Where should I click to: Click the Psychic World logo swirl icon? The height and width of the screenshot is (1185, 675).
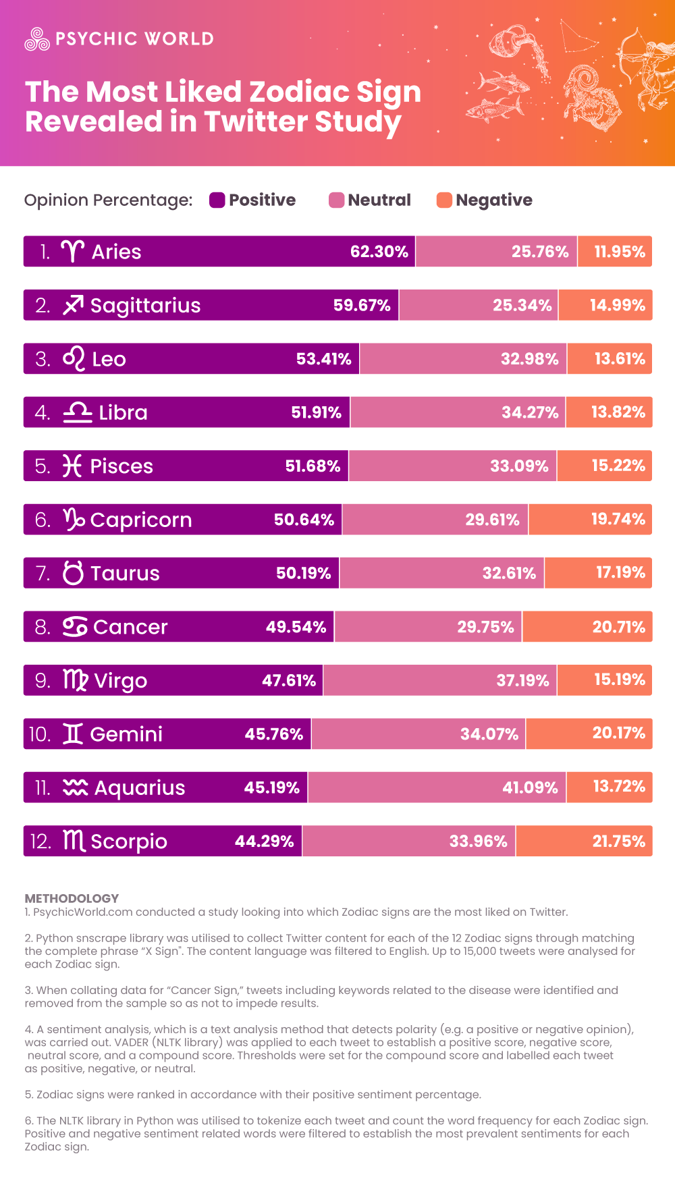[x=37, y=39]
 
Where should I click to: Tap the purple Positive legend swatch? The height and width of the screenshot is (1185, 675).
[x=217, y=200]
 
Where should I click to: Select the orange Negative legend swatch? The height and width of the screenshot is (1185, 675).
[x=444, y=200]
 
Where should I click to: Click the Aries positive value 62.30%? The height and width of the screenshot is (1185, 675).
[x=379, y=252]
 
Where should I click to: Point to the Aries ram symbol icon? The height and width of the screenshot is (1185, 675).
[x=72, y=251]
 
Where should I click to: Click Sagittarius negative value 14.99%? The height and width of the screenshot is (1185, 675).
[x=617, y=305]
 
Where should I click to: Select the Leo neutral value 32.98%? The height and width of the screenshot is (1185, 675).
[x=529, y=359]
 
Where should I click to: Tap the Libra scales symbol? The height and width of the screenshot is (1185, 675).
[x=77, y=412]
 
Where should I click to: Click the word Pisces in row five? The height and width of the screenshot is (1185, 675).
[x=122, y=466]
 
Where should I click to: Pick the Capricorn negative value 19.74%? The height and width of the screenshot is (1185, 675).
[x=618, y=519]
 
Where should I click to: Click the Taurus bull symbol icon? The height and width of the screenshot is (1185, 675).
[x=73, y=572]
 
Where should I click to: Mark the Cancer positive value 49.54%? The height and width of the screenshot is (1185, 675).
[x=296, y=627]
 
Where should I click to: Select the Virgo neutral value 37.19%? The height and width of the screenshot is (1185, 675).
[x=522, y=680]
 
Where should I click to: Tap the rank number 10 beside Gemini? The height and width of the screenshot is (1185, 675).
[x=40, y=734]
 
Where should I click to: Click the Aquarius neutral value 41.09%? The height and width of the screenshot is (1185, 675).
[x=530, y=788]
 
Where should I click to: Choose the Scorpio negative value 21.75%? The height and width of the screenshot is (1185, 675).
[x=618, y=842]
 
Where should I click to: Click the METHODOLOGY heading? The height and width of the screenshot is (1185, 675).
[x=72, y=898]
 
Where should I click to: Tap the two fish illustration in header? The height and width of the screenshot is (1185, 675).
[x=496, y=94]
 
